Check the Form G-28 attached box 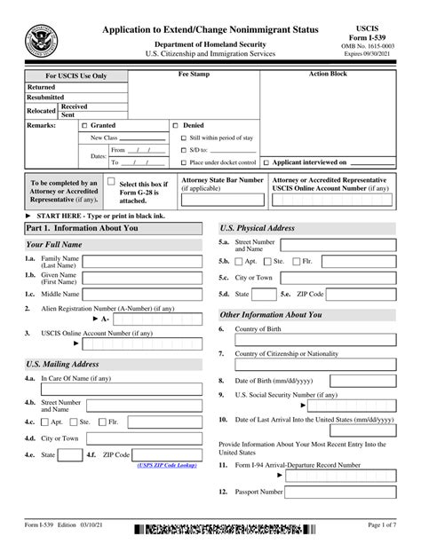coord(111,182)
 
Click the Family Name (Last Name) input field coord(145,261)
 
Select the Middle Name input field coord(145,293)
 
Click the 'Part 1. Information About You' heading coord(82,228)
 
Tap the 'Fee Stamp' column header coord(194,75)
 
